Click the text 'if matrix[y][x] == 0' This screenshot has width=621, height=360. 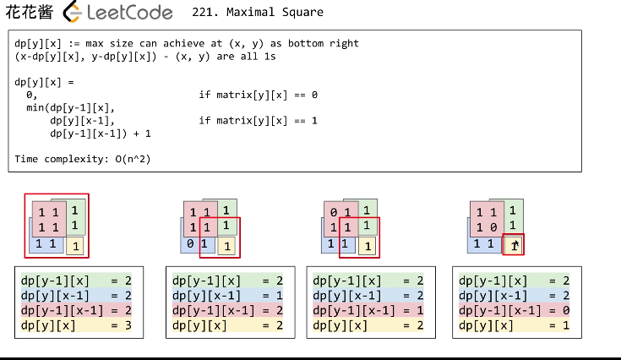(x=258, y=95)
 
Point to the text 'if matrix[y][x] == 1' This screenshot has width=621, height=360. (x=258, y=120)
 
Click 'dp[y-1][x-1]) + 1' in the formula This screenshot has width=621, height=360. (x=101, y=134)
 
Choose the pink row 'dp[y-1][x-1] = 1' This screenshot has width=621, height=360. (x=369, y=310)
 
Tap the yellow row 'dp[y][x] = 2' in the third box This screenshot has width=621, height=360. (x=369, y=325)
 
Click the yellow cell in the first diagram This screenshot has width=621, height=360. (x=75, y=246)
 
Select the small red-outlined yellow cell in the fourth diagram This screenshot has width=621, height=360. (x=514, y=245)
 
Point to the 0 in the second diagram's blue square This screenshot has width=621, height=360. (x=192, y=244)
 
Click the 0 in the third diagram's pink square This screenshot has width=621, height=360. (x=335, y=213)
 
